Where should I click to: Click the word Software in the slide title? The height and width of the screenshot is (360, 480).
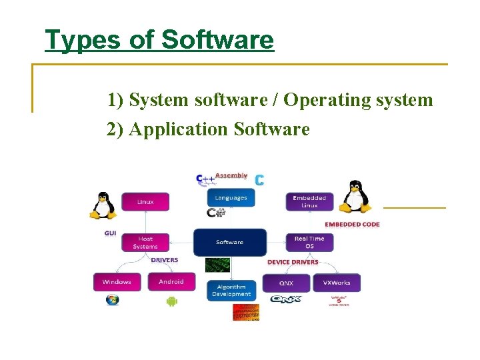(x=217, y=40)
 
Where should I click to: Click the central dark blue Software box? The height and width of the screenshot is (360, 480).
(x=230, y=242)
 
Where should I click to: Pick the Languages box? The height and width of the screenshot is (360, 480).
(x=231, y=197)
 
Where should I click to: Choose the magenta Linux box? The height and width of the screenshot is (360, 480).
(x=145, y=202)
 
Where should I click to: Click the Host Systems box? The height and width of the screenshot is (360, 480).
(x=145, y=242)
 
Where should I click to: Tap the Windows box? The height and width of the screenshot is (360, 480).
(x=117, y=282)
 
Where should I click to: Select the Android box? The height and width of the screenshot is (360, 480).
(x=171, y=281)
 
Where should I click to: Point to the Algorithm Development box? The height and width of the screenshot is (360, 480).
(x=231, y=291)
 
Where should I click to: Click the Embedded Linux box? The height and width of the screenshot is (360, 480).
(x=309, y=201)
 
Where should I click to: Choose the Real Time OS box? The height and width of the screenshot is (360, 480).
(x=309, y=242)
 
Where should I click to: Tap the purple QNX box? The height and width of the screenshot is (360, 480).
(x=287, y=283)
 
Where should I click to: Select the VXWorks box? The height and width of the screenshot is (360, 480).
(x=337, y=283)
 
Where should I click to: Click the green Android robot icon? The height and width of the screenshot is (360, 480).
(x=171, y=301)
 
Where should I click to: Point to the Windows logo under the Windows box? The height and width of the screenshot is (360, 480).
(x=112, y=300)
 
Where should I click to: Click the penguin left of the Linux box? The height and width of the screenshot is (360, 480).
(x=103, y=205)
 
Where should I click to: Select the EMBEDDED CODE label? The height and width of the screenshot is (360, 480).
(x=352, y=225)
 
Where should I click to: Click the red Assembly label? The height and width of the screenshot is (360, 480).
(x=231, y=176)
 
